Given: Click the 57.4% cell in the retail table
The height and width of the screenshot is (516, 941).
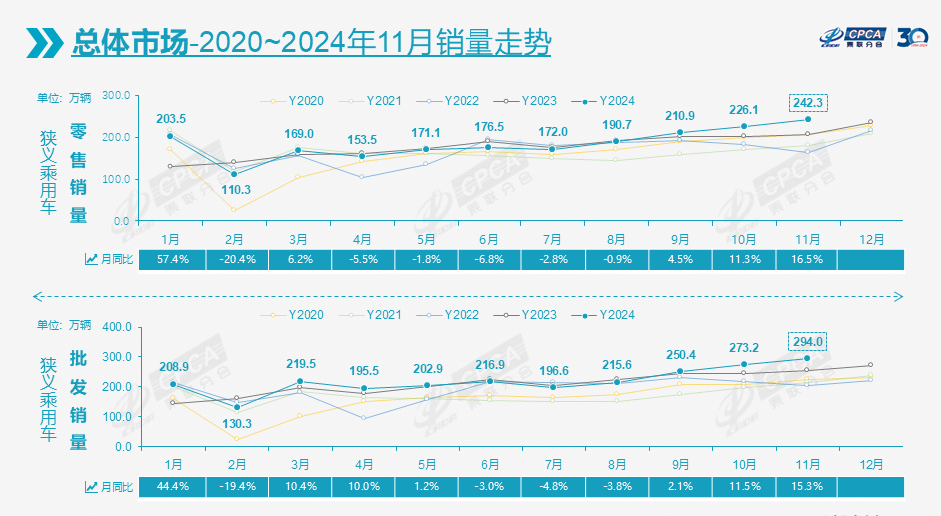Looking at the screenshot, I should coord(173,259).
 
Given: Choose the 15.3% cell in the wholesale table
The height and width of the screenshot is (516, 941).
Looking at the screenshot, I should coord(807,486).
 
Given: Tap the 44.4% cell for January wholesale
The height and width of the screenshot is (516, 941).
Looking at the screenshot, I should coord(173,486).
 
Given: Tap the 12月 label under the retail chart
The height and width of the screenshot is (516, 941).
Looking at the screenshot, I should coord(870,240).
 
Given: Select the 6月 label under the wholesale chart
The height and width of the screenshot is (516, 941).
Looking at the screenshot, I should coord(489,465).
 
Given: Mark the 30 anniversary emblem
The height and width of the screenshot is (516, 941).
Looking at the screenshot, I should coord(912,38).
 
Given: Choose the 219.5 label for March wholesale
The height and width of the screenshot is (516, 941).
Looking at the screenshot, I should coord(299,364).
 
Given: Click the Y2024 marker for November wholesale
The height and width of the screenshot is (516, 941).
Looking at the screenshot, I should coord(807,358).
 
